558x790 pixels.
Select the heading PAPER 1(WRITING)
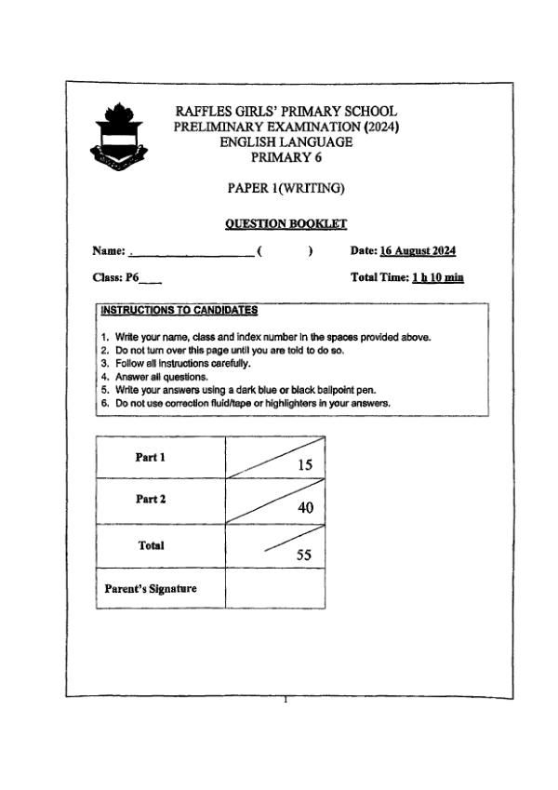point(286,188)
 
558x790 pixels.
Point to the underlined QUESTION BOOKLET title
point(286,223)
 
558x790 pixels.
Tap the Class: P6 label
point(115,277)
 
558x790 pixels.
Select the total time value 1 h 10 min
point(438,277)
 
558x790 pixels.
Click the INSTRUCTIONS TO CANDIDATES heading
point(179,310)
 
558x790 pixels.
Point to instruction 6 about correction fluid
point(246,404)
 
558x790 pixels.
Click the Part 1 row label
point(151,457)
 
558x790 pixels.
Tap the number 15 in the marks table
point(304,464)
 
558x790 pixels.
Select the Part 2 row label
point(151,500)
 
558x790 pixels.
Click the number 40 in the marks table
point(305,508)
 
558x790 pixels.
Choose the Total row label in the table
point(152,545)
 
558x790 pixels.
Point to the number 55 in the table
point(303,555)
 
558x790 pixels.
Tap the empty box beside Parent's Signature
point(275,588)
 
